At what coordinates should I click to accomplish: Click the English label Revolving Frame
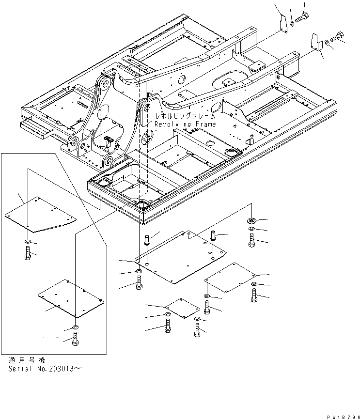185,124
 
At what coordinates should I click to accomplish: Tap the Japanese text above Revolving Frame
185,117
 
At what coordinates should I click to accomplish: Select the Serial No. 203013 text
45,369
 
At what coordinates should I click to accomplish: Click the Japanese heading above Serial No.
27,360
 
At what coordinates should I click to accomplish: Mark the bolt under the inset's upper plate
28,252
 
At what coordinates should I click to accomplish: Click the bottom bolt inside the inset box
75,341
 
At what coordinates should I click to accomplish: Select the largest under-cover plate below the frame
181,257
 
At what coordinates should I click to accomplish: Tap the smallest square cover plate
182,308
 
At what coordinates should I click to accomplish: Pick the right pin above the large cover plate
213,237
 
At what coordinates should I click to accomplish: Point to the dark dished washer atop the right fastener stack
251,220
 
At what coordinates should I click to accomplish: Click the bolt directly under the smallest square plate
168,327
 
